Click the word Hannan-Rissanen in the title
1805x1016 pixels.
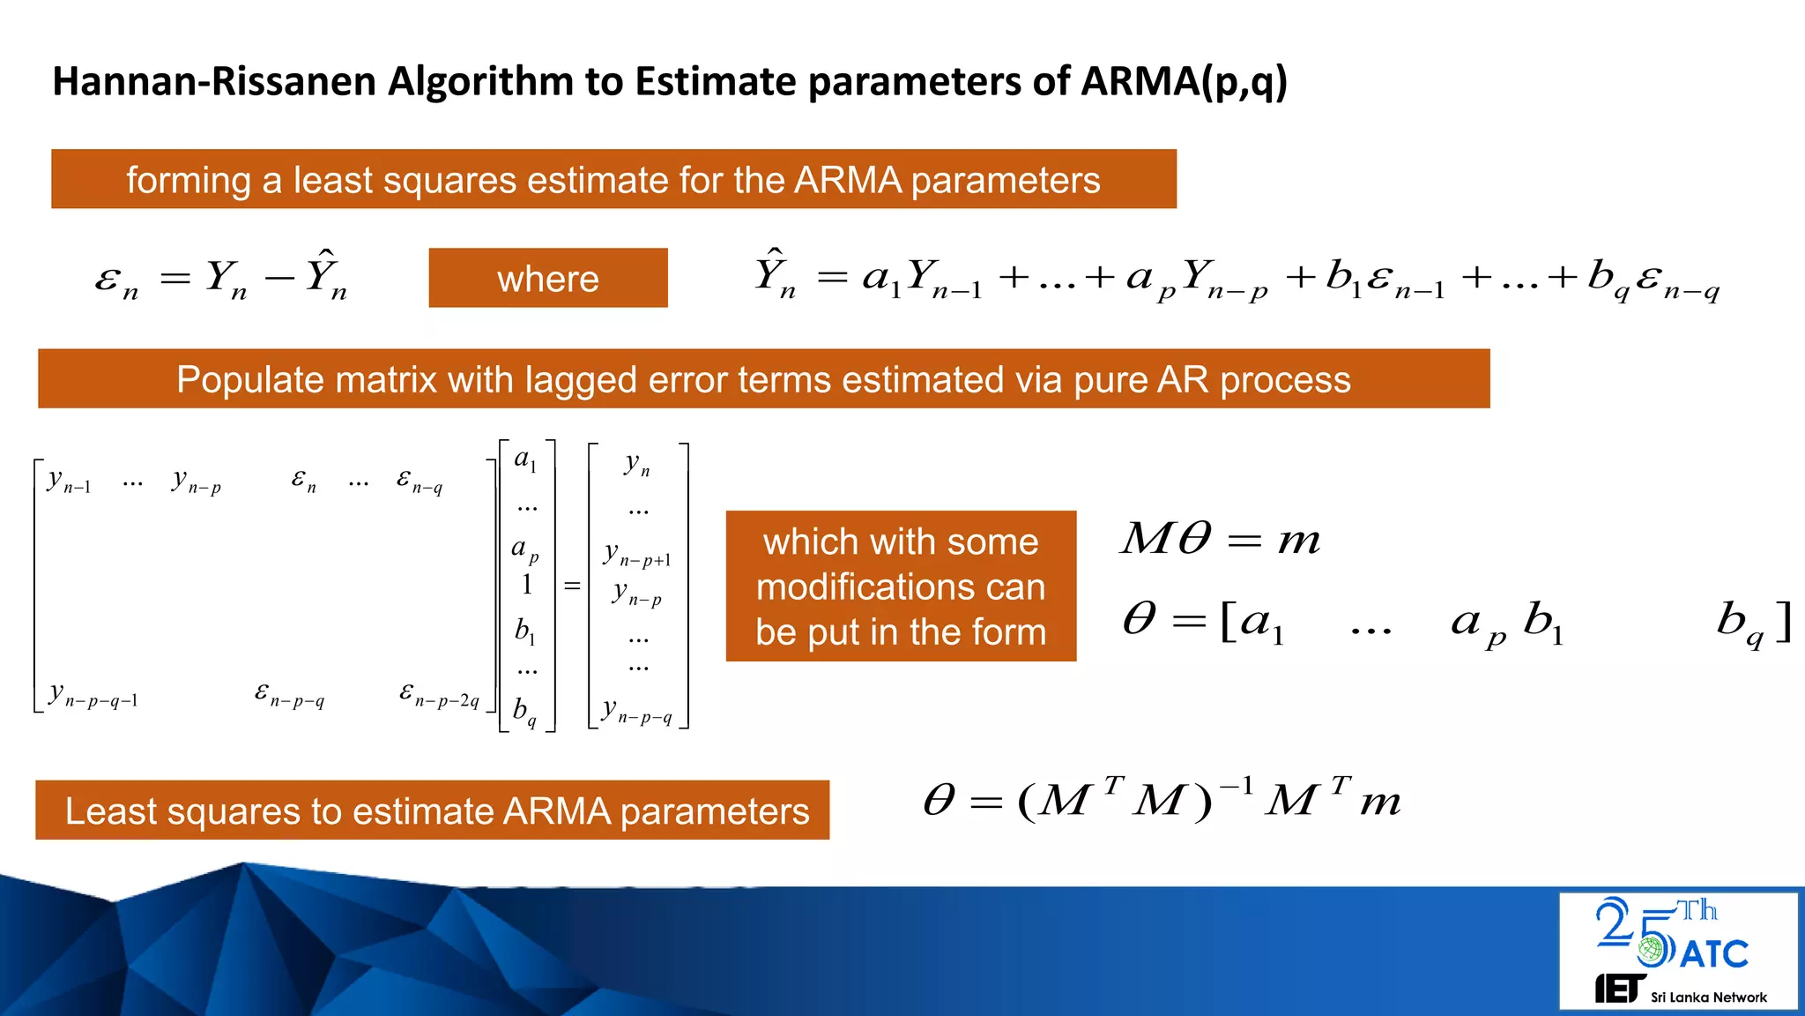click(215, 81)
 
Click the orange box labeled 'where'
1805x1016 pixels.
click(547, 279)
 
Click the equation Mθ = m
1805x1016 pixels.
click(1220, 539)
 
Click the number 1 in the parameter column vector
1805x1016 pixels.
click(526, 585)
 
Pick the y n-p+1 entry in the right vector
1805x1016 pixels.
click(636, 555)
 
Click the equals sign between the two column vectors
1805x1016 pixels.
click(572, 586)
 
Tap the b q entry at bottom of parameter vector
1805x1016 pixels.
click(524, 711)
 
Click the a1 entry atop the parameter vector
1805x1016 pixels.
click(525, 459)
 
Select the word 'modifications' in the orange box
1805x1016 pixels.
click(900, 587)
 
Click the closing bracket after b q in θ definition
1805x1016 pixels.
click(1783, 621)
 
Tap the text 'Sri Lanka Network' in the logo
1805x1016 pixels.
click(1708, 997)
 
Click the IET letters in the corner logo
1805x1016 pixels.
click(1618, 989)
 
